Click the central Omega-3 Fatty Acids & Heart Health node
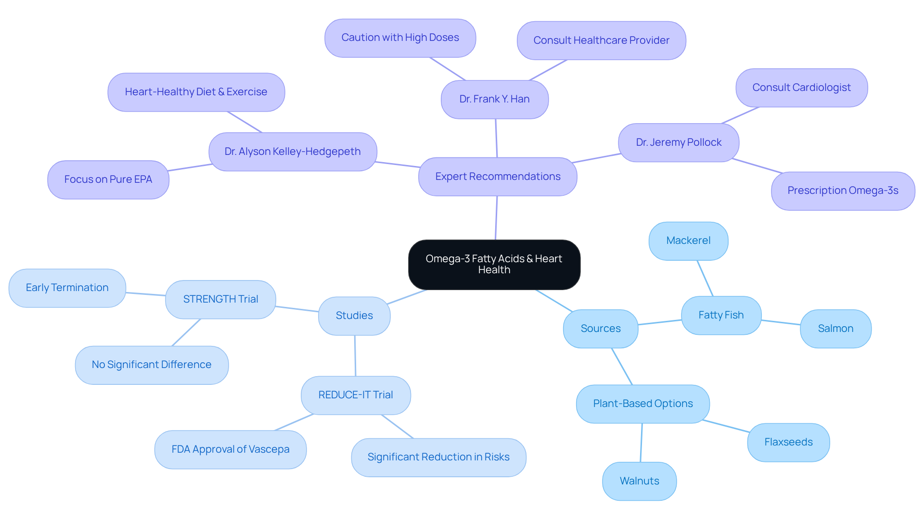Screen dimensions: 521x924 click(494, 265)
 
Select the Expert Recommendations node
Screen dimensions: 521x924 click(498, 177)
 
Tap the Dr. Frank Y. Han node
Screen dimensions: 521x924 click(494, 99)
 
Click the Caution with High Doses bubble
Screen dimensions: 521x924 click(400, 38)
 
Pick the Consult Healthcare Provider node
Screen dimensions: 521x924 click(601, 40)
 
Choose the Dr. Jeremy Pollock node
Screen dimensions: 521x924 click(679, 142)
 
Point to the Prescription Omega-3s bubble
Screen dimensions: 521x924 click(843, 191)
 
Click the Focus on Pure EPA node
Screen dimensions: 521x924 click(108, 179)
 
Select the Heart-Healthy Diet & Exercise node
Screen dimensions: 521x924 click(196, 92)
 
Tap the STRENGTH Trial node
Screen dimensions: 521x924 click(220, 299)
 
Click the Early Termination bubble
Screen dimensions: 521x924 click(67, 288)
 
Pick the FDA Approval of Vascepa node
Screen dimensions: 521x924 click(230, 449)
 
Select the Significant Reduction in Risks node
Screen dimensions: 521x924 click(438, 457)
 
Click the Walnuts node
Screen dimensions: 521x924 click(639, 481)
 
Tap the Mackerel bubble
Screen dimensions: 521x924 click(688, 241)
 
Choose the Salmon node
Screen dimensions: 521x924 click(835, 329)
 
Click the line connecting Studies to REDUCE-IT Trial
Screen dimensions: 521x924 click(355, 356)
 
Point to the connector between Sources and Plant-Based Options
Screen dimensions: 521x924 click(622, 366)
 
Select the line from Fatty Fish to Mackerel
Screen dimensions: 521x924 click(705, 278)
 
